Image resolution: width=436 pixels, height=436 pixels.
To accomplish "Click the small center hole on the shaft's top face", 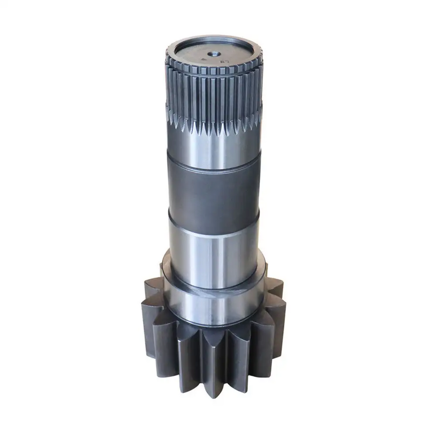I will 212,53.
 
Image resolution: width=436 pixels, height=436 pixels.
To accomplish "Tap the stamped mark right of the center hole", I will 224,59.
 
